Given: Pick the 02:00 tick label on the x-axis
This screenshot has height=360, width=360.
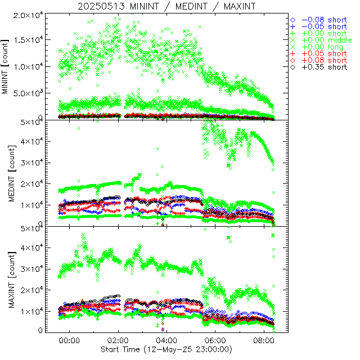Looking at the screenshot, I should pos(118,340).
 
